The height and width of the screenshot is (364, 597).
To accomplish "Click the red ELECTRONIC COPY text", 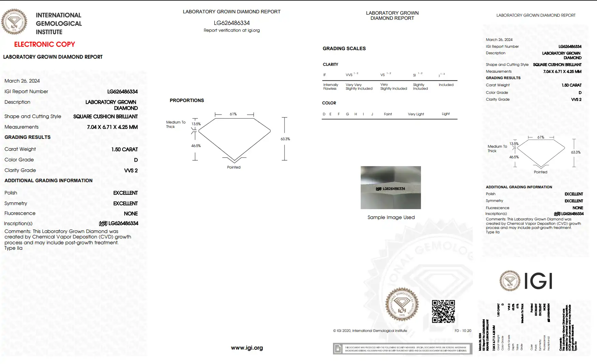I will [x=44, y=44].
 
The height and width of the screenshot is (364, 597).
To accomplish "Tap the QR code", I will [x=443, y=311].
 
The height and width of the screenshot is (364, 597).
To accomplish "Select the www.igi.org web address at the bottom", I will [x=247, y=348].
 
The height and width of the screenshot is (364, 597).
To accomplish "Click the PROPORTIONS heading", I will [x=187, y=100].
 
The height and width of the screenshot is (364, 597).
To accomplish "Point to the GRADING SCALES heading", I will [x=344, y=48].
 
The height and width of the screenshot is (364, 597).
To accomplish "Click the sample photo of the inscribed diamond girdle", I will [x=391, y=188].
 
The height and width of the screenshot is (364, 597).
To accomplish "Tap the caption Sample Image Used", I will [x=391, y=217].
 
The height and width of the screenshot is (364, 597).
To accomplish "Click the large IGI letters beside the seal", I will [x=538, y=281].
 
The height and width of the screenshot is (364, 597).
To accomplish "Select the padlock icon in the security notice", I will [x=338, y=349].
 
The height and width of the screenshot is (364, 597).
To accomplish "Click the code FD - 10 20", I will [x=463, y=331].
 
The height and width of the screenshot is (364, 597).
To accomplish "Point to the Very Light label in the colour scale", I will [x=416, y=114].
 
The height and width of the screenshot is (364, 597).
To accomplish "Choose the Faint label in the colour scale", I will [x=388, y=114].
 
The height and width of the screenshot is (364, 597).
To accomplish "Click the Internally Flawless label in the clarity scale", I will [x=331, y=87].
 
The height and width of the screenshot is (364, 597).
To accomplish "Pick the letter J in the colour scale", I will [x=372, y=114].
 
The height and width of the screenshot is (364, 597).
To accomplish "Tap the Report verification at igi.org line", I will [x=232, y=30].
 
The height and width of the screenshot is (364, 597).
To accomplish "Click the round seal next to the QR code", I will [x=402, y=304].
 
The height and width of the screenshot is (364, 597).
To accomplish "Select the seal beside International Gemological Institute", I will [x=14, y=22].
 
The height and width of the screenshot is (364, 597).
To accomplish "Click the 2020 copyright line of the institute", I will [x=370, y=331].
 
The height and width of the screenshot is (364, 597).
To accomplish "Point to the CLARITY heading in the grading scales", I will [x=330, y=64].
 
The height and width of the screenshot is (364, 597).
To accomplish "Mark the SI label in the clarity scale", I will [x=414, y=75].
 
